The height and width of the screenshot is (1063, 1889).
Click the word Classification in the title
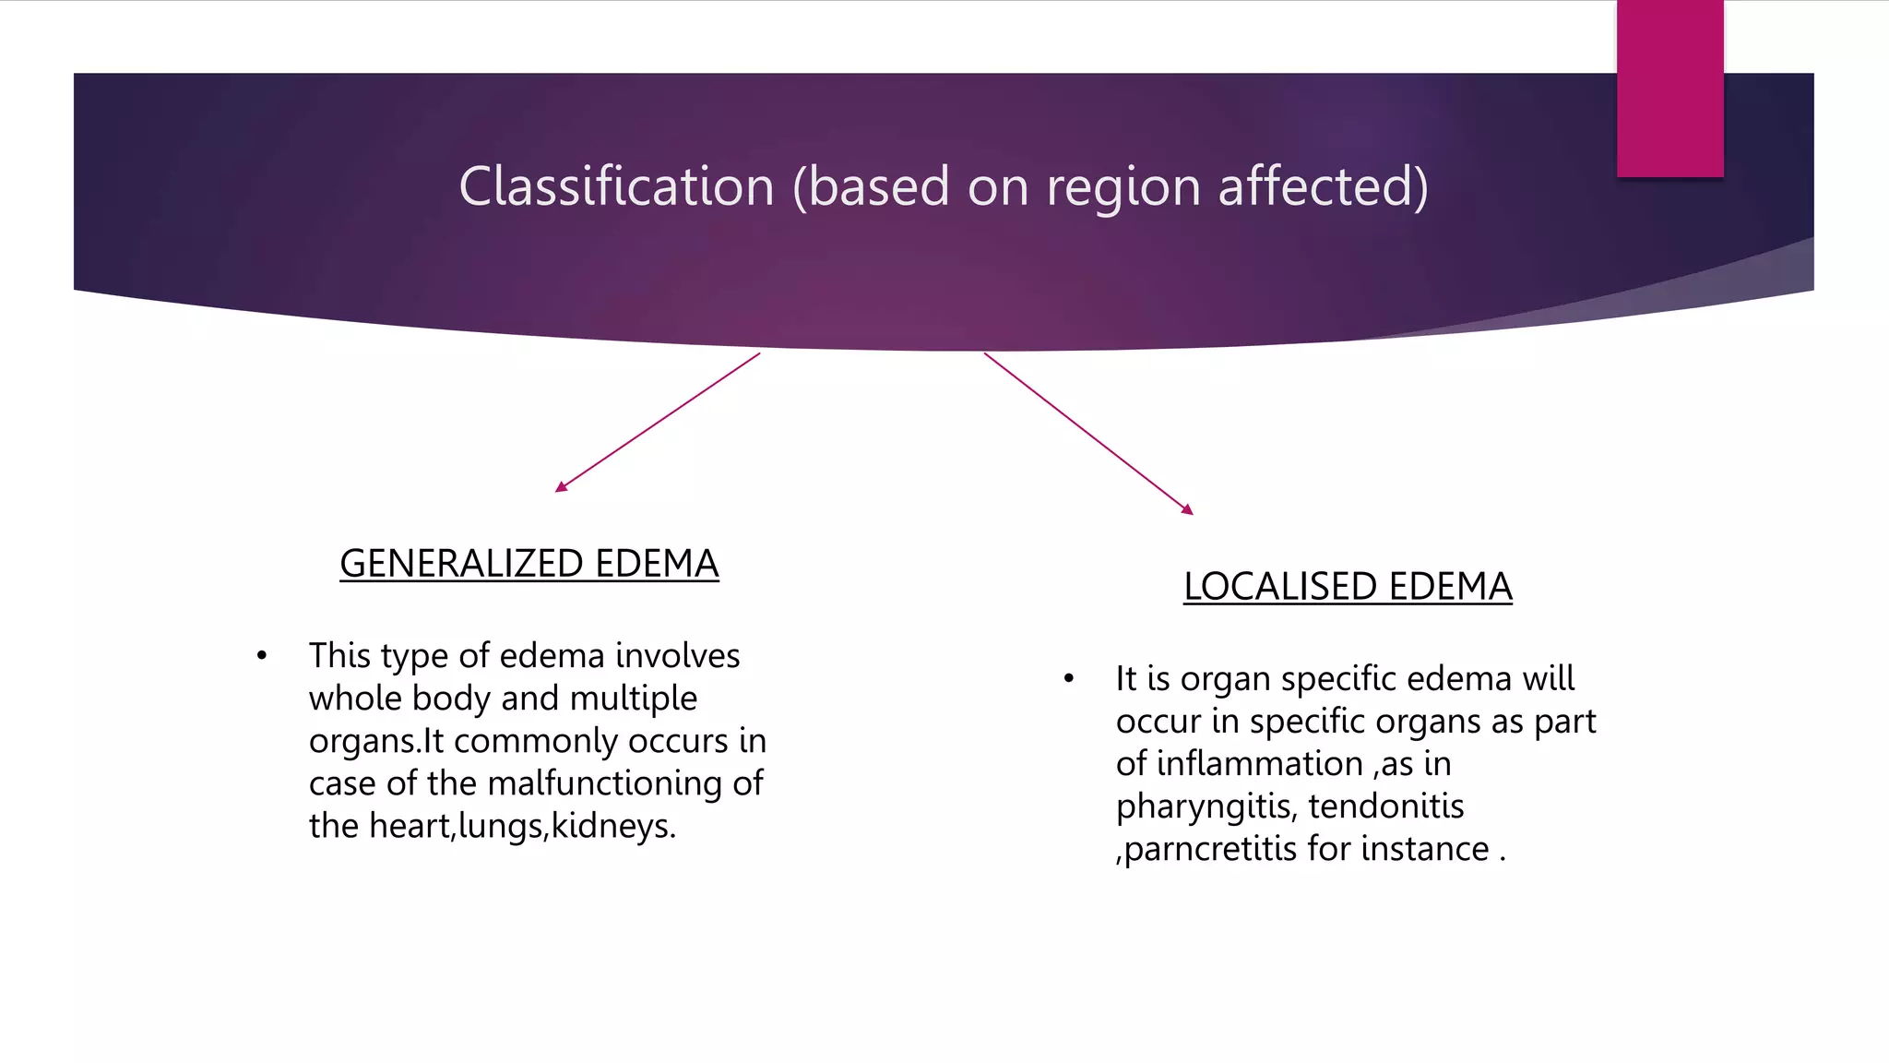[616, 186]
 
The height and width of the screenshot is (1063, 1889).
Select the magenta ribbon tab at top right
[1669, 89]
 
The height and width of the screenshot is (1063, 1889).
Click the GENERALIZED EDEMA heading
[529, 564]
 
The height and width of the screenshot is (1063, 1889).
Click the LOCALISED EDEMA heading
[1348, 587]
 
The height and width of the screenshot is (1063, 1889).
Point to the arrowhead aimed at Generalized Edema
[561, 487]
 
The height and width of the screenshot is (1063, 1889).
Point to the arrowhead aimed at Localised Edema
[1188, 509]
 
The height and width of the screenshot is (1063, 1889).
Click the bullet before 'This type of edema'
[262, 656]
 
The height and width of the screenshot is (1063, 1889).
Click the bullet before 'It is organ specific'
[1068, 679]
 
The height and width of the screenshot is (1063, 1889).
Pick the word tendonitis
[1385, 806]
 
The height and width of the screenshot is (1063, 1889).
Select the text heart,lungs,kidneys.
[522, 826]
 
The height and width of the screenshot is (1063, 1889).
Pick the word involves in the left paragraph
[677, 656]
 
